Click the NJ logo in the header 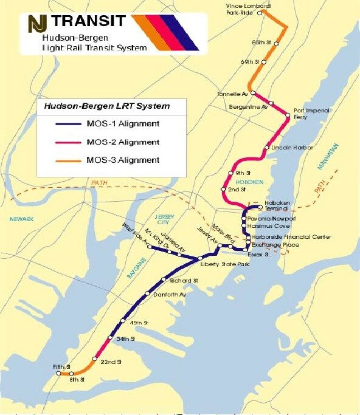click(x=38, y=24)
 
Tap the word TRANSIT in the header click(x=89, y=22)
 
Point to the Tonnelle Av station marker click(x=252, y=93)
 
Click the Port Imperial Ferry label click(x=311, y=114)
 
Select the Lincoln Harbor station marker click(x=266, y=148)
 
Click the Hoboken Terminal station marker click(x=260, y=207)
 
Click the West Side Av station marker click(x=150, y=247)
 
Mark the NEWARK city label click(x=21, y=219)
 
